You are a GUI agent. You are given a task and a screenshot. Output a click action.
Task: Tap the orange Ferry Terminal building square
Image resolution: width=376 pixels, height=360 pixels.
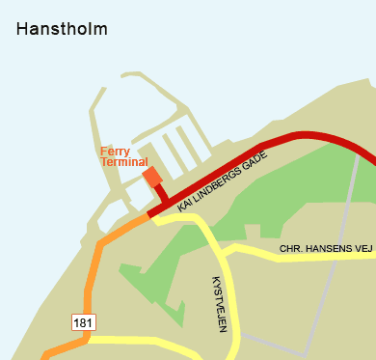[x=152, y=177]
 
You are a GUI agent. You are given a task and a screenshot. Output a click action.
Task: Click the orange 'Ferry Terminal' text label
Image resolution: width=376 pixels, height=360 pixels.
[x=123, y=156]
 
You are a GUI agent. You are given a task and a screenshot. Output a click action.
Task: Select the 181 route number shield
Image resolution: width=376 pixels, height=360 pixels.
[x=82, y=320]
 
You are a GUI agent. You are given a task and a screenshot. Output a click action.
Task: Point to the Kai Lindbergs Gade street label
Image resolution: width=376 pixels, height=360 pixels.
[x=221, y=180]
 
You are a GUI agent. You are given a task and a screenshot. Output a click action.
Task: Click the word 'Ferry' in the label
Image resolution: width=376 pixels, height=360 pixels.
[x=115, y=151]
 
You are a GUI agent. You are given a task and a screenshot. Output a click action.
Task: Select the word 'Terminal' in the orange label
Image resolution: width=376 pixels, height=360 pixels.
[x=123, y=162]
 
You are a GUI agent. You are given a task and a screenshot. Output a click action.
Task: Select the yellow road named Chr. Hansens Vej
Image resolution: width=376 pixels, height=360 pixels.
[x=289, y=260]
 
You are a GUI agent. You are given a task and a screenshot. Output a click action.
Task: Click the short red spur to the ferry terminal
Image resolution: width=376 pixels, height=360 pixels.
[x=161, y=196]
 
